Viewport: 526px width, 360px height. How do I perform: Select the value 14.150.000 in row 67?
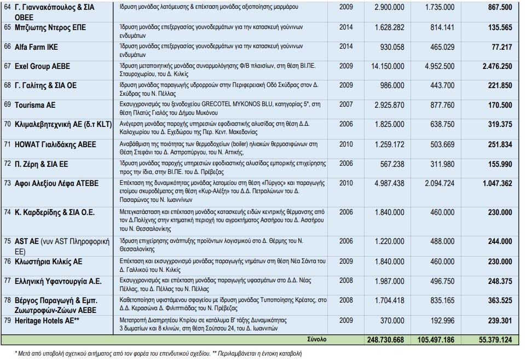click(x=386, y=66)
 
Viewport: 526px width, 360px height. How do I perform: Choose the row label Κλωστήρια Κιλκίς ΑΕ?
click(x=49, y=262)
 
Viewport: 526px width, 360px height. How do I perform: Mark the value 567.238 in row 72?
click(x=392, y=164)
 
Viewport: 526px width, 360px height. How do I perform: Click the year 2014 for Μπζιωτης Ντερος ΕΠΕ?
click(x=346, y=27)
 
